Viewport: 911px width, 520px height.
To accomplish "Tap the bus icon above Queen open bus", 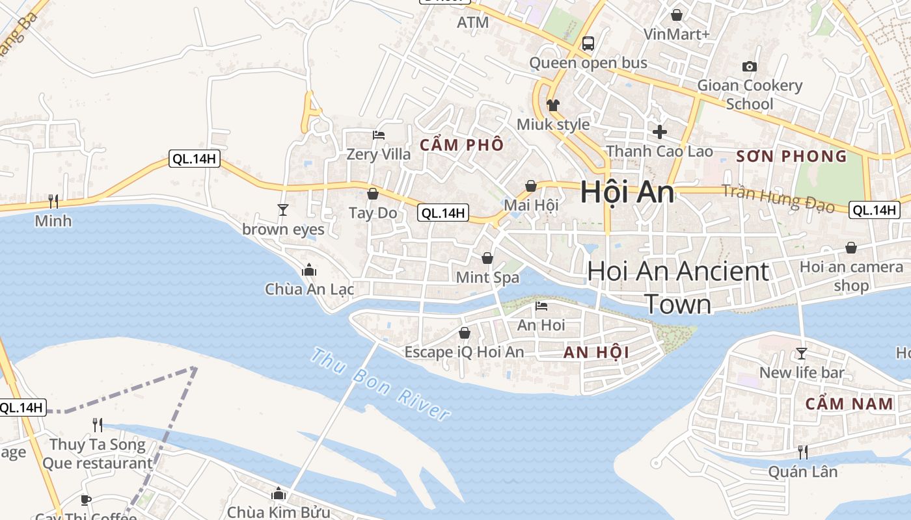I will pos(588,44).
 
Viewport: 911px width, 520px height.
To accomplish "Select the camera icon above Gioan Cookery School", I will pos(750,66).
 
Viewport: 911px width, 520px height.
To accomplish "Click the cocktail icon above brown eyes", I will pos(283,209).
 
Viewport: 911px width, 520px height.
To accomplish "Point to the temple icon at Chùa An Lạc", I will pos(309,270).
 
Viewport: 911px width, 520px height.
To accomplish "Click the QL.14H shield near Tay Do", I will pos(442,213).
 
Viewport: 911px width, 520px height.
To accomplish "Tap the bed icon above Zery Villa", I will pos(379,135).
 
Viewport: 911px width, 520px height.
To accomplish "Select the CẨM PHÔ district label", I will pos(461,145).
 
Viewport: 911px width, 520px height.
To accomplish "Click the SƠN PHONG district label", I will pos(792,156).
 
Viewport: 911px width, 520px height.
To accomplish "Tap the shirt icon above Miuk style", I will pos(553,105).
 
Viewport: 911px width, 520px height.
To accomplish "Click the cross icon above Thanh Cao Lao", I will pos(660,132).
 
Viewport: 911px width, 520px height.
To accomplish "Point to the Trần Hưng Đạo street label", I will pos(778,198).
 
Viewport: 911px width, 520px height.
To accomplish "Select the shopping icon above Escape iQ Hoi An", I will pos(465,333).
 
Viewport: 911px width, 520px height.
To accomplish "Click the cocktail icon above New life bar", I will pos(802,353).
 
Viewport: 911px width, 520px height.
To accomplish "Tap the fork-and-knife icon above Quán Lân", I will pos(803,452).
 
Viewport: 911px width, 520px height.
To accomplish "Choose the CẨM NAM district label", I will pos(849,404).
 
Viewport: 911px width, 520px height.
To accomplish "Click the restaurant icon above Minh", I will pos(53,201).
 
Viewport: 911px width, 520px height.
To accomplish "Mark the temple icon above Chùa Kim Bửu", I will pos(279,493).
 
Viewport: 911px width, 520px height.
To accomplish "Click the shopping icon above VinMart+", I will pos(677,14).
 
